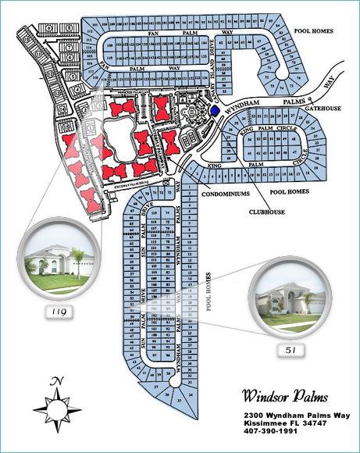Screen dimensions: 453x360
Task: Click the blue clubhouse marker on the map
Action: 216,111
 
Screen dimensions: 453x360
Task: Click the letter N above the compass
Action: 57,381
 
